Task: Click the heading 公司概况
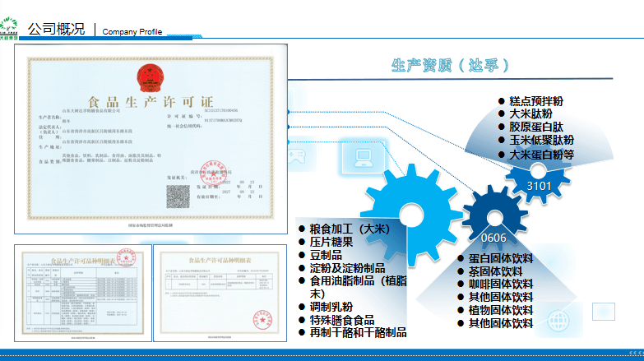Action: point(56,29)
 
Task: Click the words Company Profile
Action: point(132,31)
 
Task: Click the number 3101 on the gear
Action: point(539,186)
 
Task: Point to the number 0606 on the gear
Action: point(493,238)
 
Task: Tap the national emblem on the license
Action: point(151,78)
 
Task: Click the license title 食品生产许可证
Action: point(151,102)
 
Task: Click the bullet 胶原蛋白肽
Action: point(535,127)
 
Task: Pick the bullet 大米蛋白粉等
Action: point(541,154)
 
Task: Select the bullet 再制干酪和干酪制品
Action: point(358,332)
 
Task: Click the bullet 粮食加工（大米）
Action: point(349,229)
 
